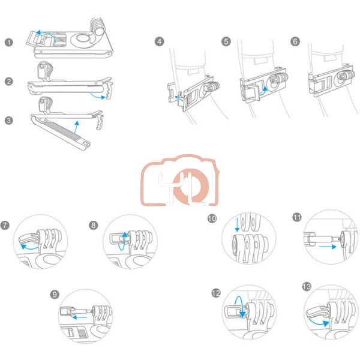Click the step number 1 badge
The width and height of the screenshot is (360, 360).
pyautogui.click(x=9, y=42)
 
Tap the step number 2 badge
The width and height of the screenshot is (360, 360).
pyautogui.click(x=9, y=81)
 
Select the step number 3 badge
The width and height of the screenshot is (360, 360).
pyautogui.click(x=9, y=121)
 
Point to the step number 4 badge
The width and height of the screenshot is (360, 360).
pyautogui.click(x=160, y=41)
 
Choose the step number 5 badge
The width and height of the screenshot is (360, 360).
pyautogui.click(x=226, y=41)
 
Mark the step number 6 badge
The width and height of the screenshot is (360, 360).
pyautogui.click(x=295, y=41)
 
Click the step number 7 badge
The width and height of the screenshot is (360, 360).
pyautogui.click(x=5, y=225)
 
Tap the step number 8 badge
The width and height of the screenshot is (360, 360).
pyautogui.click(x=93, y=225)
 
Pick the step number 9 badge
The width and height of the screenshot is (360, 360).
pyautogui.click(x=55, y=295)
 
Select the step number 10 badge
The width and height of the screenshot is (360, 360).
pyautogui.click(x=212, y=218)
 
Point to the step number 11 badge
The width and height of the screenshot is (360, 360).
pyautogui.click(x=297, y=217)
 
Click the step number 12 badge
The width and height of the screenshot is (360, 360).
pyautogui.click(x=216, y=293)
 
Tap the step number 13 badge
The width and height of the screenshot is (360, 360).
pyautogui.click(x=307, y=287)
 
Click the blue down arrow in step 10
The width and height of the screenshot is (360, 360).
pyautogui.click(x=237, y=223)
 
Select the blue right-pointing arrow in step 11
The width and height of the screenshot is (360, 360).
pyautogui.click(x=328, y=247)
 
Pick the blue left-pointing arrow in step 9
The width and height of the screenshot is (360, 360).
pyautogui.click(x=79, y=317)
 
